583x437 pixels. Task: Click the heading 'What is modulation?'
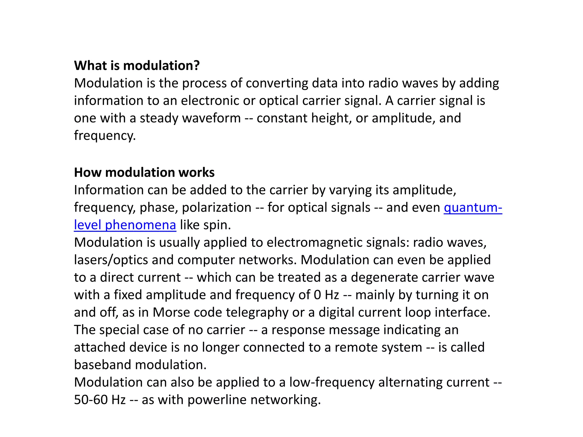137,66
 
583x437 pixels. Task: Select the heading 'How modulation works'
144,173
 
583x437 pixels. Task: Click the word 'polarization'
216,208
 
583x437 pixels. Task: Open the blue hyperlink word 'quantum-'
473,208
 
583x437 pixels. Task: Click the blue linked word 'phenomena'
140,225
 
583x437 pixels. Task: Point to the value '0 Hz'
326,295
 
